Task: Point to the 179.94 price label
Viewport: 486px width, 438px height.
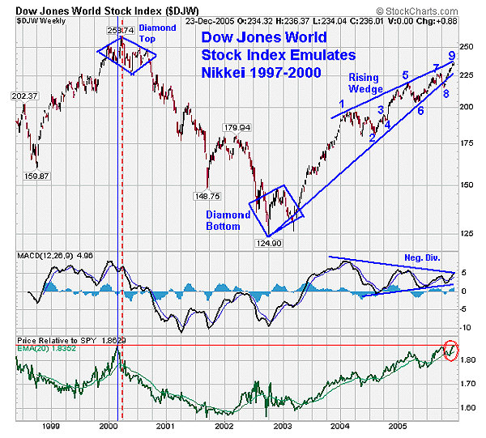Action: pyautogui.click(x=236, y=127)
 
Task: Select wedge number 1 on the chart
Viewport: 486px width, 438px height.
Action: pyautogui.click(x=343, y=103)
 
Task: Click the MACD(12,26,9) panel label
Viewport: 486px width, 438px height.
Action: pyautogui.click(x=49, y=256)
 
